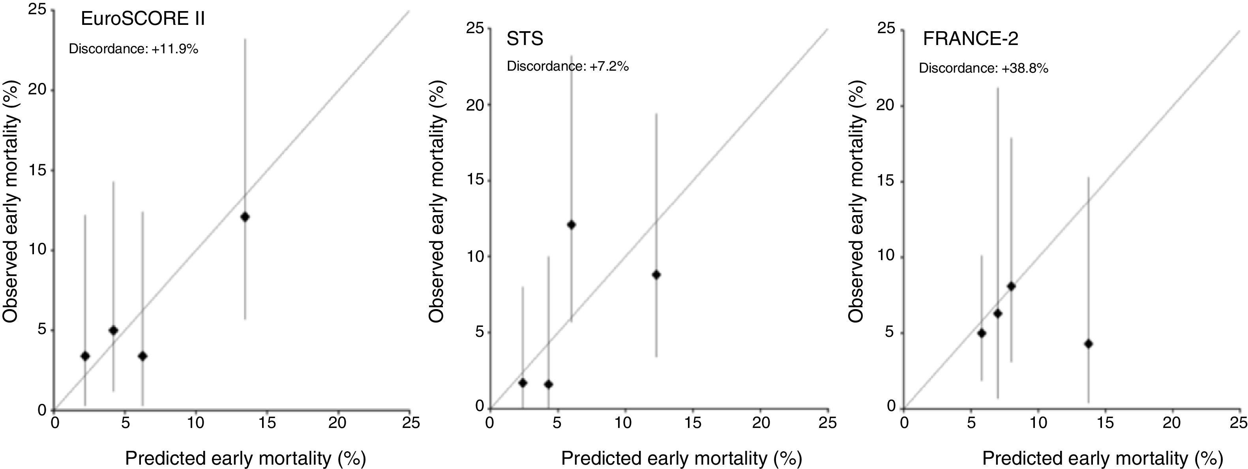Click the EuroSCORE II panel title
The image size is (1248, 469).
click(142, 19)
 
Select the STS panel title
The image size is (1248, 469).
click(525, 39)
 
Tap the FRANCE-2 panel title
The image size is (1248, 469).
click(970, 39)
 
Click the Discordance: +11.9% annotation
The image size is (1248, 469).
click(133, 49)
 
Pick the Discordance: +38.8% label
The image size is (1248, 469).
click(984, 68)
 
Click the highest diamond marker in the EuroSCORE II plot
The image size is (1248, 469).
click(245, 217)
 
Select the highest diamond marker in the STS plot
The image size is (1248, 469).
click(571, 224)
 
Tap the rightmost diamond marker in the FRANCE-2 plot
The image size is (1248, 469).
click(1088, 344)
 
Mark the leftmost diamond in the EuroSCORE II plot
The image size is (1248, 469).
click(85, 356)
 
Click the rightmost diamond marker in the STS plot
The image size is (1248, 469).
click(656, 275)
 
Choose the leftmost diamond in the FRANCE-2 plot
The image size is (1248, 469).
click(982, 333)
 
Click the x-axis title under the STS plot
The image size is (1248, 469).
click(681, 458)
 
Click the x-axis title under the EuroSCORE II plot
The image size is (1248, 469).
click(245, 458)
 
